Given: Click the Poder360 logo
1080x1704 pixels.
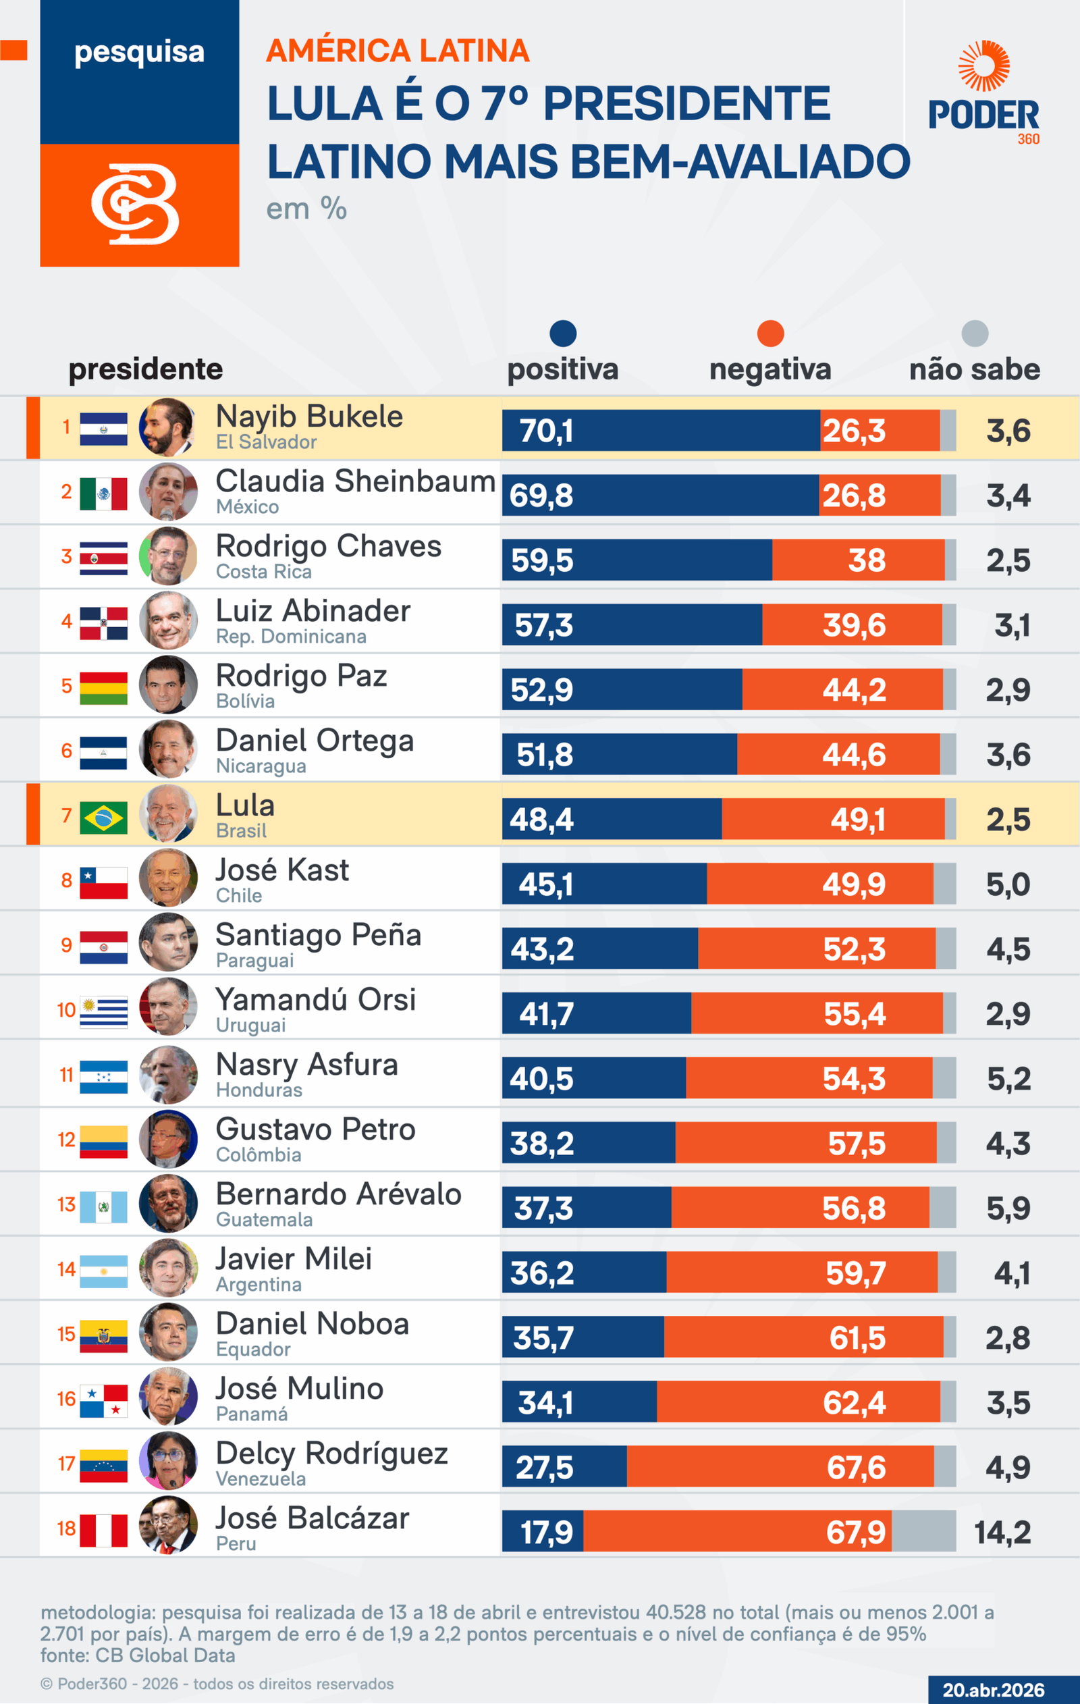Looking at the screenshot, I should tap(983, 92).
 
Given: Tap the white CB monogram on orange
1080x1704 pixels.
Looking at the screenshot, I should tap(135, 205).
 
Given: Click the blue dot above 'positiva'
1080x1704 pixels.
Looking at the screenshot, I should tap(563, 334).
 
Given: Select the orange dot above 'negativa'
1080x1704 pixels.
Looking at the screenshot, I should tap(770, 334).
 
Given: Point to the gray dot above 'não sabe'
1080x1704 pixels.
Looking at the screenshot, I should tap(975, 334).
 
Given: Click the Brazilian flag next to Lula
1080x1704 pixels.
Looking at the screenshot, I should tap(103, 818).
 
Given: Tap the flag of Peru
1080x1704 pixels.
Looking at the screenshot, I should tap(103, 1530).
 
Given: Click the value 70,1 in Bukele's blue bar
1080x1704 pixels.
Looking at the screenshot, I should tap(545, 431).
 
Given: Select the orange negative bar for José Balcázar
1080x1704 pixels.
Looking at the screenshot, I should tap(736, 1531).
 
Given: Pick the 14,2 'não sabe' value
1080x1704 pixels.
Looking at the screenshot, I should tap(1002, 1532).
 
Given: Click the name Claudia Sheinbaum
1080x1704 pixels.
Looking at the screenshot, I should tap(355, 481).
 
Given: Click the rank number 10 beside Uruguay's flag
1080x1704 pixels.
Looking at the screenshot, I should tap(67, 1010).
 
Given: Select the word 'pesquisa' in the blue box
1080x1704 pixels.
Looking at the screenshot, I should tap(140, 52).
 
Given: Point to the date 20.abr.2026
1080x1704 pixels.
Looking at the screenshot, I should tap(993, 1690).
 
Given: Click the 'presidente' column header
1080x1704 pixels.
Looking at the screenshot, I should tap(145, 369).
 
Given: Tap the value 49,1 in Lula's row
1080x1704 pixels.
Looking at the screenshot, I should tap(857, 820).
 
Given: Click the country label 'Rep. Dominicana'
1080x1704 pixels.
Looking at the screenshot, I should tap(291, 636).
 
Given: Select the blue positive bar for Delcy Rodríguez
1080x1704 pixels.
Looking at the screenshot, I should tap(564, 1466).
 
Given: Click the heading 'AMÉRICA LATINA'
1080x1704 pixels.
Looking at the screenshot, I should tap(398, 51).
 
